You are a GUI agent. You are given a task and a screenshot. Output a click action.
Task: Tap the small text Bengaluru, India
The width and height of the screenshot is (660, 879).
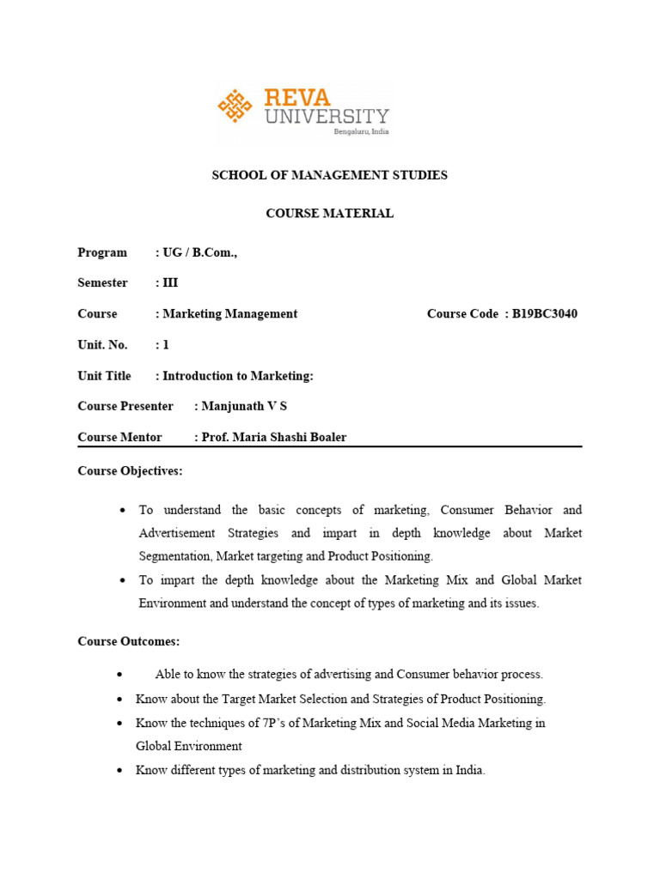(x=361, y=130)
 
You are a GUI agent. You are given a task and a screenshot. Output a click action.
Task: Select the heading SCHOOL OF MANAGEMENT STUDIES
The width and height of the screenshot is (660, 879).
(x=330, y=175)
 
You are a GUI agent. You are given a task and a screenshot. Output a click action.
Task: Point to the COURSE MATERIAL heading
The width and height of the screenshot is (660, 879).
(x=330, y=214)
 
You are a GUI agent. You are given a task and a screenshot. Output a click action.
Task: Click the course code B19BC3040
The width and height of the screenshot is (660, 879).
(x=545, y=314)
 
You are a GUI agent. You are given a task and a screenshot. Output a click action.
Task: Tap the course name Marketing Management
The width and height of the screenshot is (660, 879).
(x=229, y=314)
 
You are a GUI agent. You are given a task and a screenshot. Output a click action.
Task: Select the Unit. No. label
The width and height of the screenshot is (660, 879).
(x=102, y=345)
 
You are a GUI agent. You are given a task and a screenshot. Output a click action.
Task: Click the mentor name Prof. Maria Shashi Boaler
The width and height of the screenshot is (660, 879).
(x=273, y=437)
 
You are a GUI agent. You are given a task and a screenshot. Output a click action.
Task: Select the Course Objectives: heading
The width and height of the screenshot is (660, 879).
(x=130, y=471)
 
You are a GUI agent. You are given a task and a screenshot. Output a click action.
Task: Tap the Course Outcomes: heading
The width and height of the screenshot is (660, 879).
(x=129, y=641)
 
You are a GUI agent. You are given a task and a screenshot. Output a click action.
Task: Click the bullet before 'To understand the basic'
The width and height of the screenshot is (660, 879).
(x=123, y=511)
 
